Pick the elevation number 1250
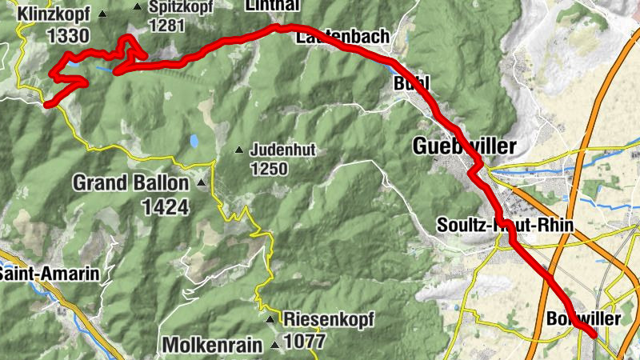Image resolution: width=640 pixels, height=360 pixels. [x=268, y=169]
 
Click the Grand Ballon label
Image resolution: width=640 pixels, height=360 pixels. [x=131, y=183]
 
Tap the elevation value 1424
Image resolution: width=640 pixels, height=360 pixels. [x=166, y=207]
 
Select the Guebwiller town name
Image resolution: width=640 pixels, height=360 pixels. [x=465, y=146]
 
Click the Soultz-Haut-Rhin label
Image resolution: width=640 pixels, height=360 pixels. [x=506, y=226]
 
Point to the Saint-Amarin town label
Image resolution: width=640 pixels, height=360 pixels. [x=50, y=274]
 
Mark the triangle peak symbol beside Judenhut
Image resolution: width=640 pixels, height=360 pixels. [x=238, y=150]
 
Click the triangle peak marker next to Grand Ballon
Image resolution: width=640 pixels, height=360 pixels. [x=201, y=184]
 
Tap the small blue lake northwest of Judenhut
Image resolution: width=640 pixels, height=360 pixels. [x=194, y=142]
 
